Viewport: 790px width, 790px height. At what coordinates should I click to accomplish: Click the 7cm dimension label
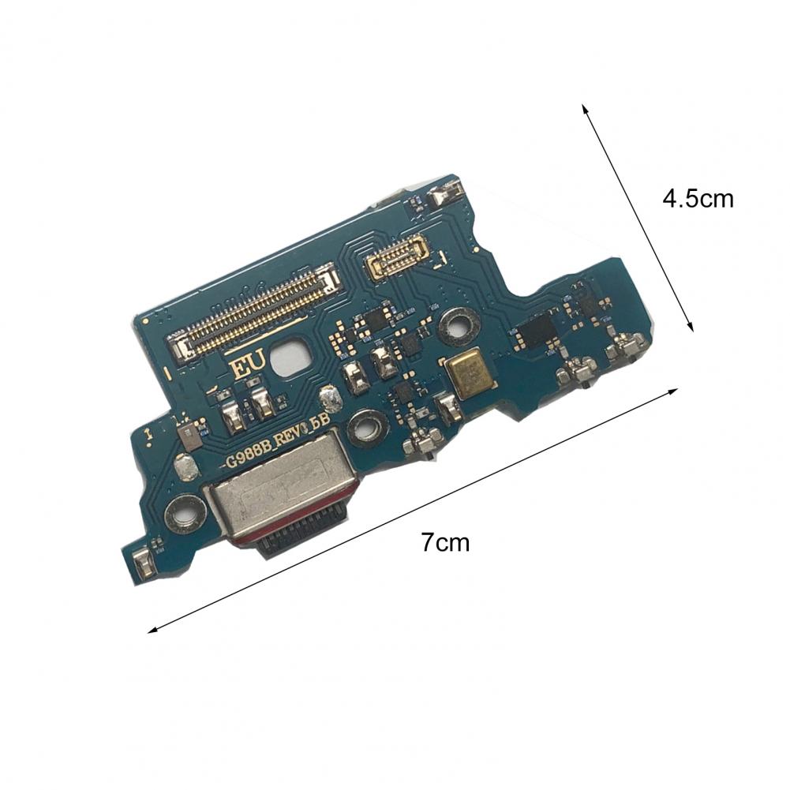tap(445, 543)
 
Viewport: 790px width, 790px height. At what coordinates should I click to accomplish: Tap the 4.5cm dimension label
tap(698, 199)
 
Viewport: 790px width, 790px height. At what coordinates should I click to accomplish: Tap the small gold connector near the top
tap(397, 257)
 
